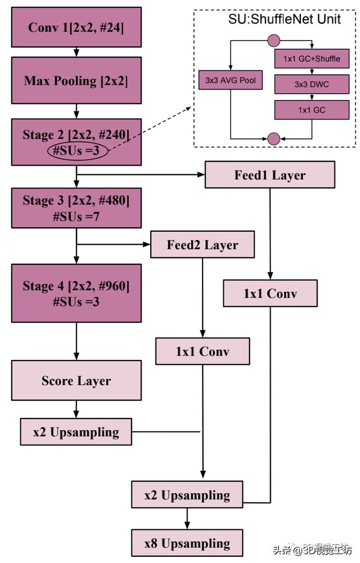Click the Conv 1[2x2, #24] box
click(x=76, y=27)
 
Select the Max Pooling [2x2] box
click(x=76, y=80)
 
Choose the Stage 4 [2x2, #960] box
click(x=76, y=293)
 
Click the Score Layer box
click(x=76, y=381)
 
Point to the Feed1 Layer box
click(x=270, y=175)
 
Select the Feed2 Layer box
click(x=202, y=245)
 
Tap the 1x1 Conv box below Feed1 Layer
click(x=270, y=294)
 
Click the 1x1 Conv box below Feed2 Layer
click(x=202, y=352)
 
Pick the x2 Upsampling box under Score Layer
click(x=76, y=432)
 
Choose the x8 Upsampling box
click(x=187, y=543)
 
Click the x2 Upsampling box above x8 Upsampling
click(x=187, y=496)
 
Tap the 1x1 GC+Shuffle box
click(x=311, y=58)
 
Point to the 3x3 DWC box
click(x=311, y=84)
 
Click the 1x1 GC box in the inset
click(x=311, y=110)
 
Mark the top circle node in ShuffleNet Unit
click(x=273, y=40)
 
